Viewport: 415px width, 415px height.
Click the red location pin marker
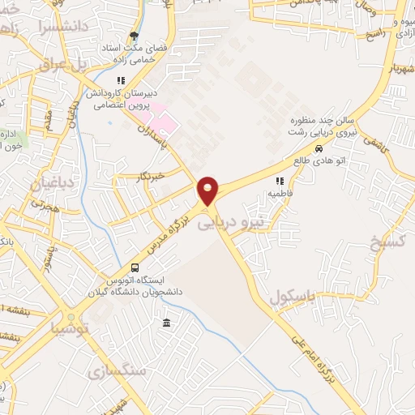pos(208,191)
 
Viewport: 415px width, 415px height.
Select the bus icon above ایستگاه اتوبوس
pos(135,267)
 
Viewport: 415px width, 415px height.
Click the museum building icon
pos(166,323)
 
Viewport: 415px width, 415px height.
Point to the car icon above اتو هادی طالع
pos(319,149)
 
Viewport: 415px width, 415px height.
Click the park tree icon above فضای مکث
pos(134,36)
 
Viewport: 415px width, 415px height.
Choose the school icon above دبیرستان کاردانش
pos(121,80)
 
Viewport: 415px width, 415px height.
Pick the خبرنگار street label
pos(152,173)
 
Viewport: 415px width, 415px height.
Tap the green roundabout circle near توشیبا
pos(71,317)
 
